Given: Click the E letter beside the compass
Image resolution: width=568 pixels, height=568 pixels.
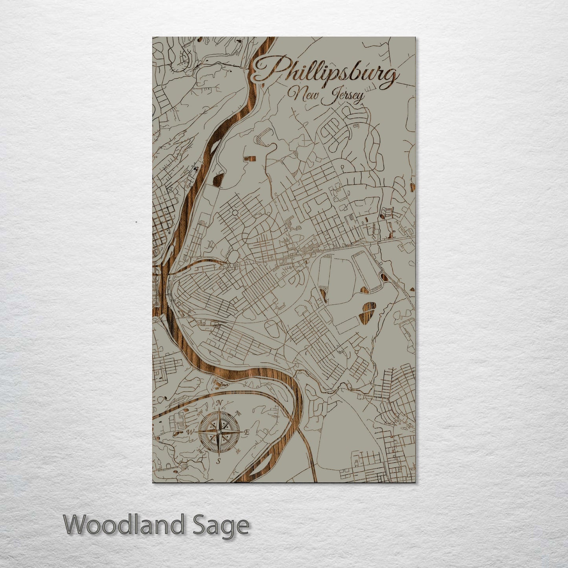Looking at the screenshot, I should point(247,432).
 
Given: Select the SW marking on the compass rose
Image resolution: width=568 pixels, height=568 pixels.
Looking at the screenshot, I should point(200,451).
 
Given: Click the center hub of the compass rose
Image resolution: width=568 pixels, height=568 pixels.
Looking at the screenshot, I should point(219,432).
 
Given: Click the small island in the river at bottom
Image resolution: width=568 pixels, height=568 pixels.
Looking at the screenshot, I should point(257,468).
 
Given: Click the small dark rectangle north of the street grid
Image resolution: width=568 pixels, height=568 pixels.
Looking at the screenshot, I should point(250,158).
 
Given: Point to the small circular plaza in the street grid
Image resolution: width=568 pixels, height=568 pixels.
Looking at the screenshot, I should point(235,213).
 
